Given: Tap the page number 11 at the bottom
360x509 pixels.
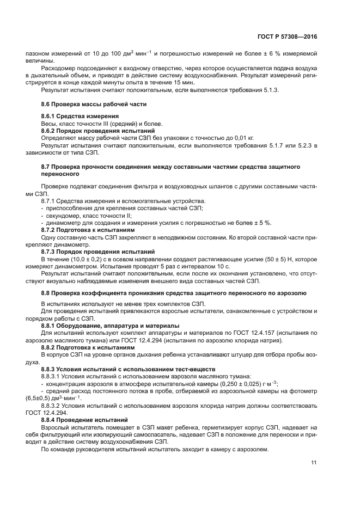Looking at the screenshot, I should point(314,463).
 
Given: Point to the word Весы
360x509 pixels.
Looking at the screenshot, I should point(49,124).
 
